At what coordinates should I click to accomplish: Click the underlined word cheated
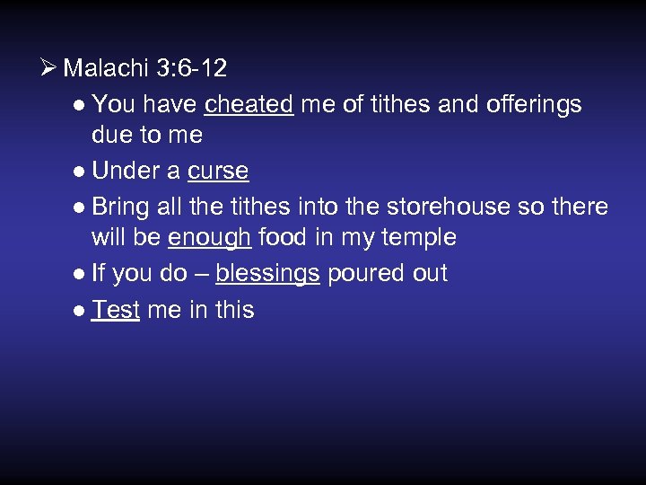click(249, 104)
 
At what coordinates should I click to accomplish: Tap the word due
click(111, 136)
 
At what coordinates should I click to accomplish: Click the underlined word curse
click(218, 171)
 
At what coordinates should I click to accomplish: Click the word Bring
click(121, 207)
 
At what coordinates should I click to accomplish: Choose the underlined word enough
click(209, 238)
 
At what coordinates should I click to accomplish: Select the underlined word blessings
click(267, 273)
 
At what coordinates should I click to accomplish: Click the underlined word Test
click(116, 310)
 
